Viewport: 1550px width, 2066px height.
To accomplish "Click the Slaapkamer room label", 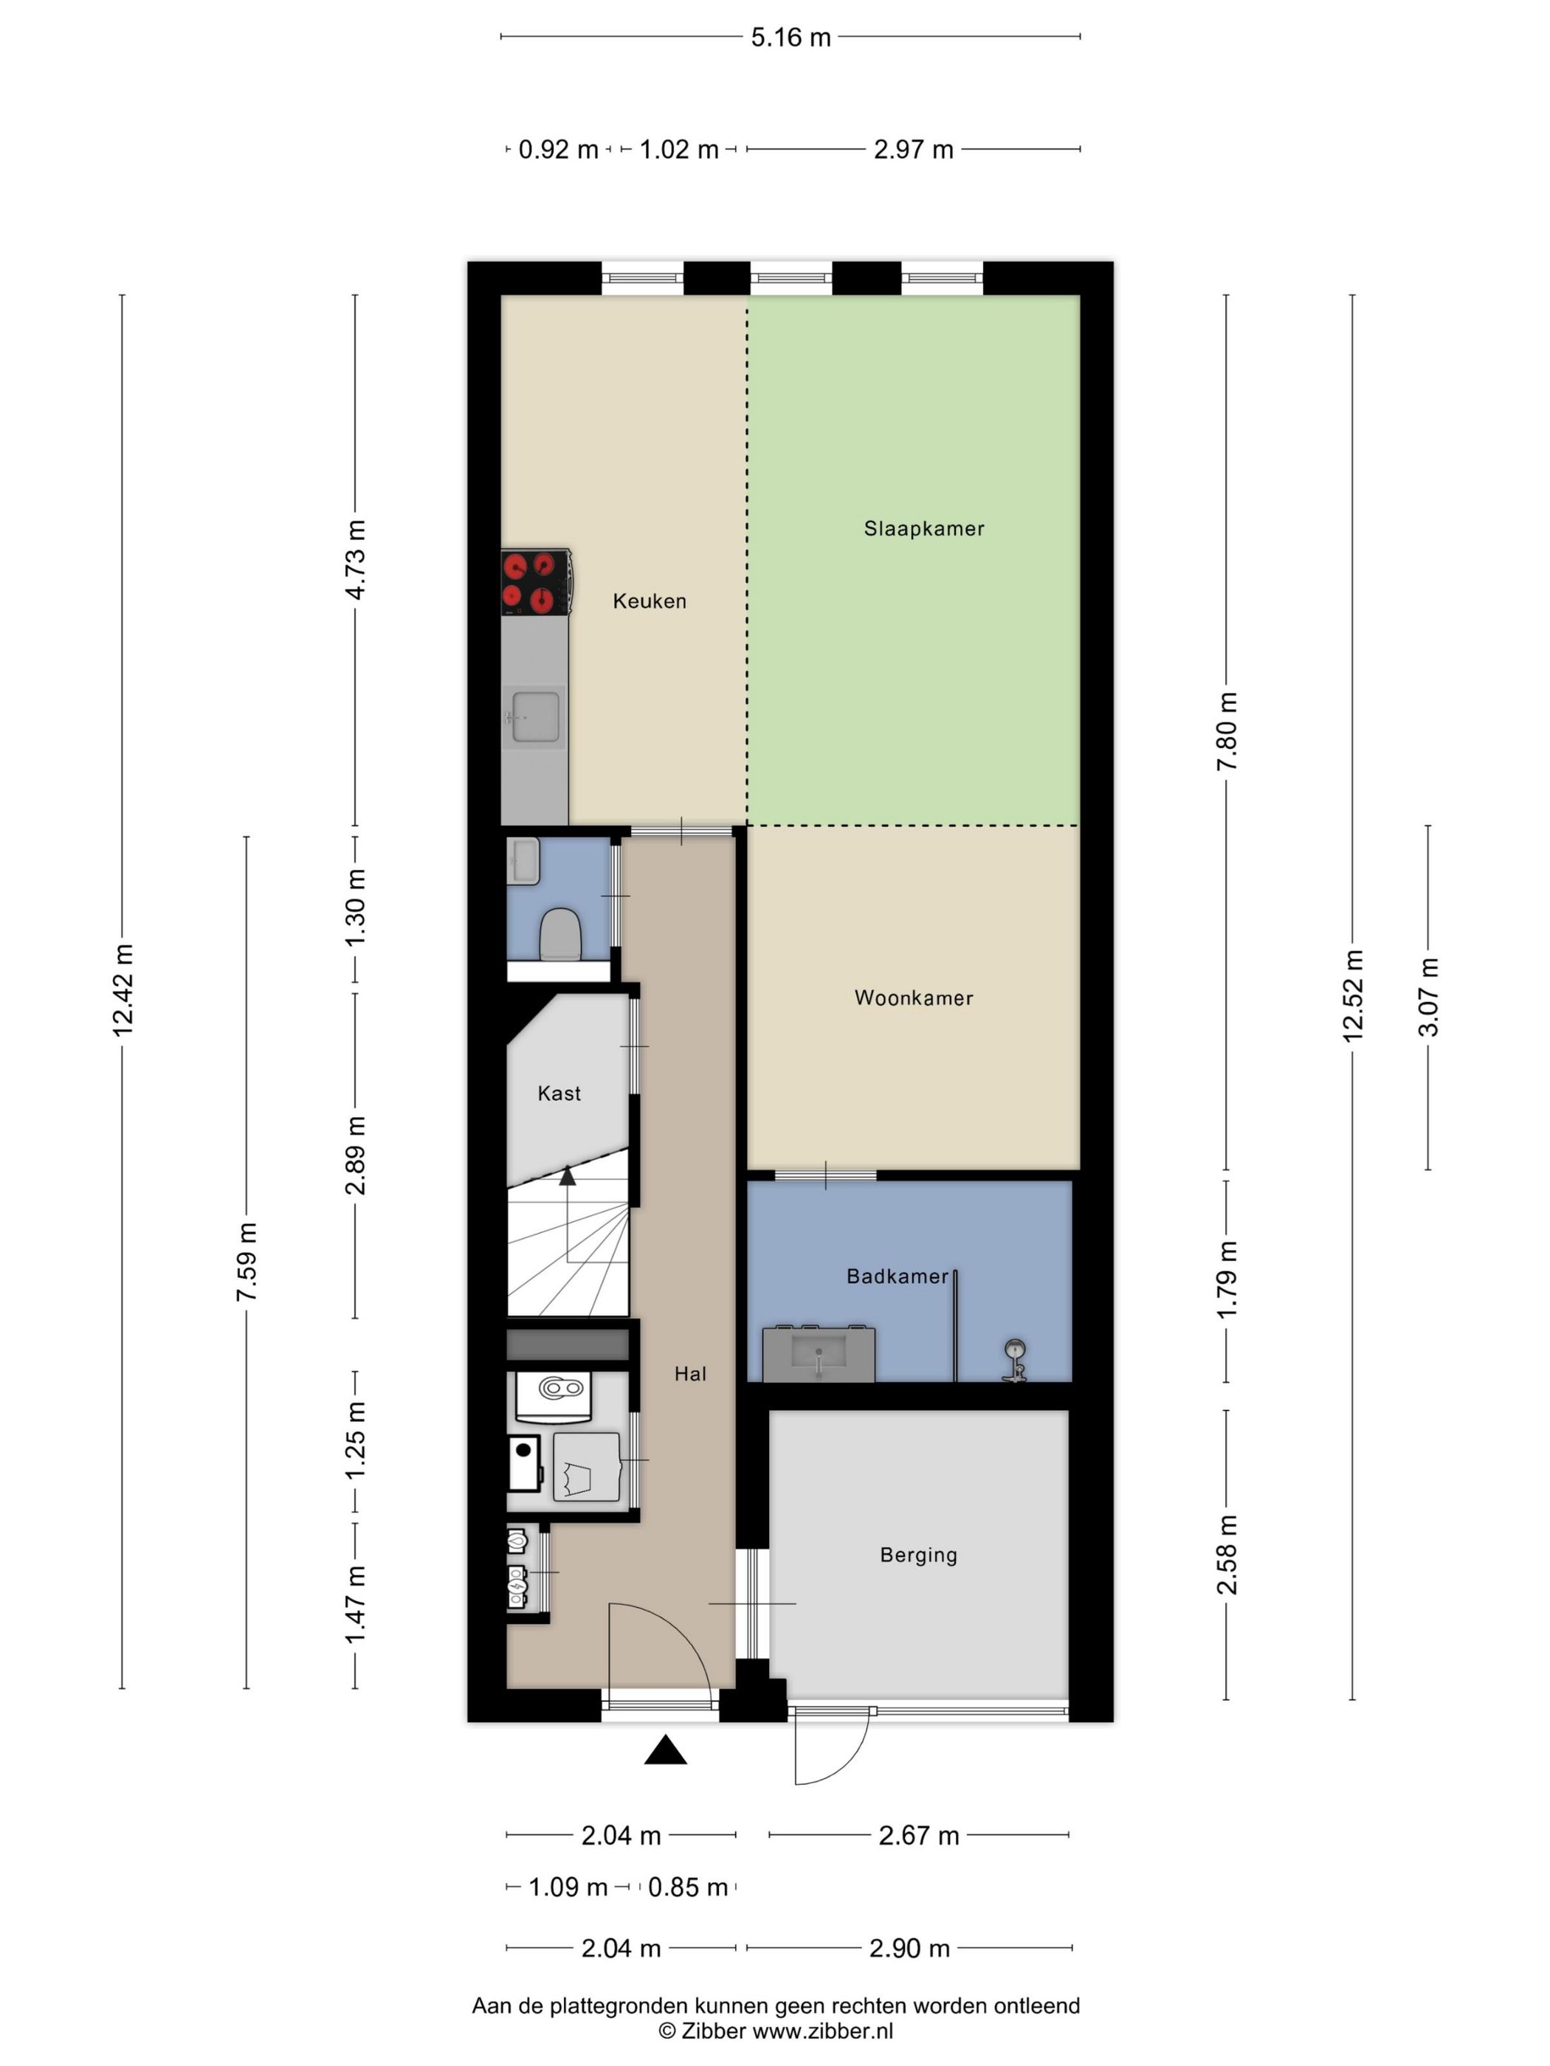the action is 923,528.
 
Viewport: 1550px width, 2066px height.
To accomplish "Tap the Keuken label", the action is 650,601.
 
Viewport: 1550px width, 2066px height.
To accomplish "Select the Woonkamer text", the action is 914,998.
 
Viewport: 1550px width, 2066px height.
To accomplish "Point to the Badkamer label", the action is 897,1276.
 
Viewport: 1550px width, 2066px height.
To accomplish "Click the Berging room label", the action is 918,1554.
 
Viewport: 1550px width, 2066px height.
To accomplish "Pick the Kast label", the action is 559,1093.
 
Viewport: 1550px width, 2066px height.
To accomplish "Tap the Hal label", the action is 690,1373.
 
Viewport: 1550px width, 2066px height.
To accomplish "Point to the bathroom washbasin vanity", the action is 819,1353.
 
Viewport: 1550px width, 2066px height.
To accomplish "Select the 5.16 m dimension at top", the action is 790,38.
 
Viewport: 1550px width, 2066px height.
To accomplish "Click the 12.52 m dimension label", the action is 1353,995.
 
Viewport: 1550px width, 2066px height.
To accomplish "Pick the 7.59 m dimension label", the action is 247,1262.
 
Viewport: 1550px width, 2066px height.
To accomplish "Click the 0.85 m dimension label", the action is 688,1887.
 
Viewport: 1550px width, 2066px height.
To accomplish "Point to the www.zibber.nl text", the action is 822,2031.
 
